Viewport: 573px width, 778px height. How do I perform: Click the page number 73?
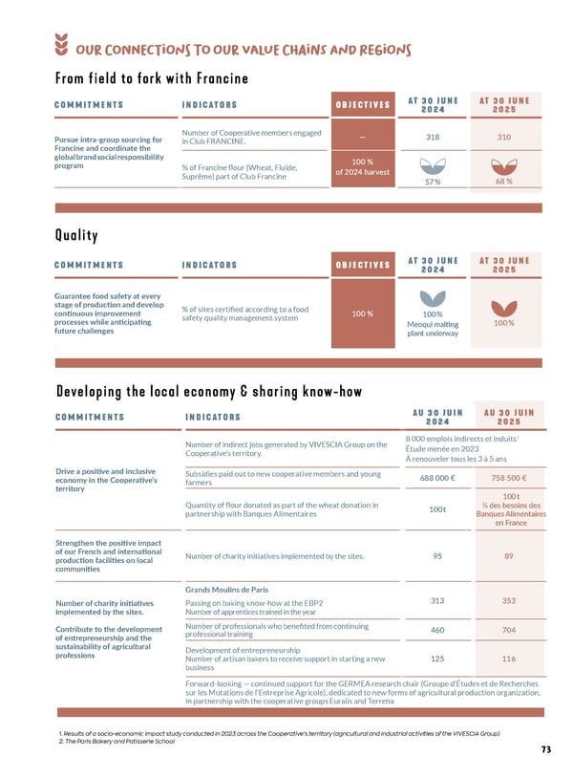click(544, 750)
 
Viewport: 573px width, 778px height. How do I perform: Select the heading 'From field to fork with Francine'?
click(151, 77)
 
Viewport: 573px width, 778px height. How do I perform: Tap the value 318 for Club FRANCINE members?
click(437, 137)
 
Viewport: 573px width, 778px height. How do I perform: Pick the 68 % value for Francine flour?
click(503, 181)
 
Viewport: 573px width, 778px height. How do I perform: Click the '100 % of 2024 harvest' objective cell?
click(362, 167)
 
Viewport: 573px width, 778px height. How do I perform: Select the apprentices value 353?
click(509, 601)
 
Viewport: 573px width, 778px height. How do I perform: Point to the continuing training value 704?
click(509, 630)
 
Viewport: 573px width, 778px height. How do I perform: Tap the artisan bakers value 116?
click(509, 659)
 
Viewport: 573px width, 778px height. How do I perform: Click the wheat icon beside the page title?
click(63, 46)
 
